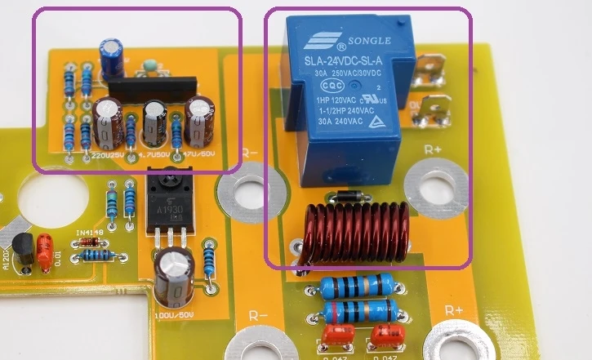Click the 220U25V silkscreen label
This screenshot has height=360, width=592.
(x=109, y=153)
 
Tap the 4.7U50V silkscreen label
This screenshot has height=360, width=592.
(x=155, y=153)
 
